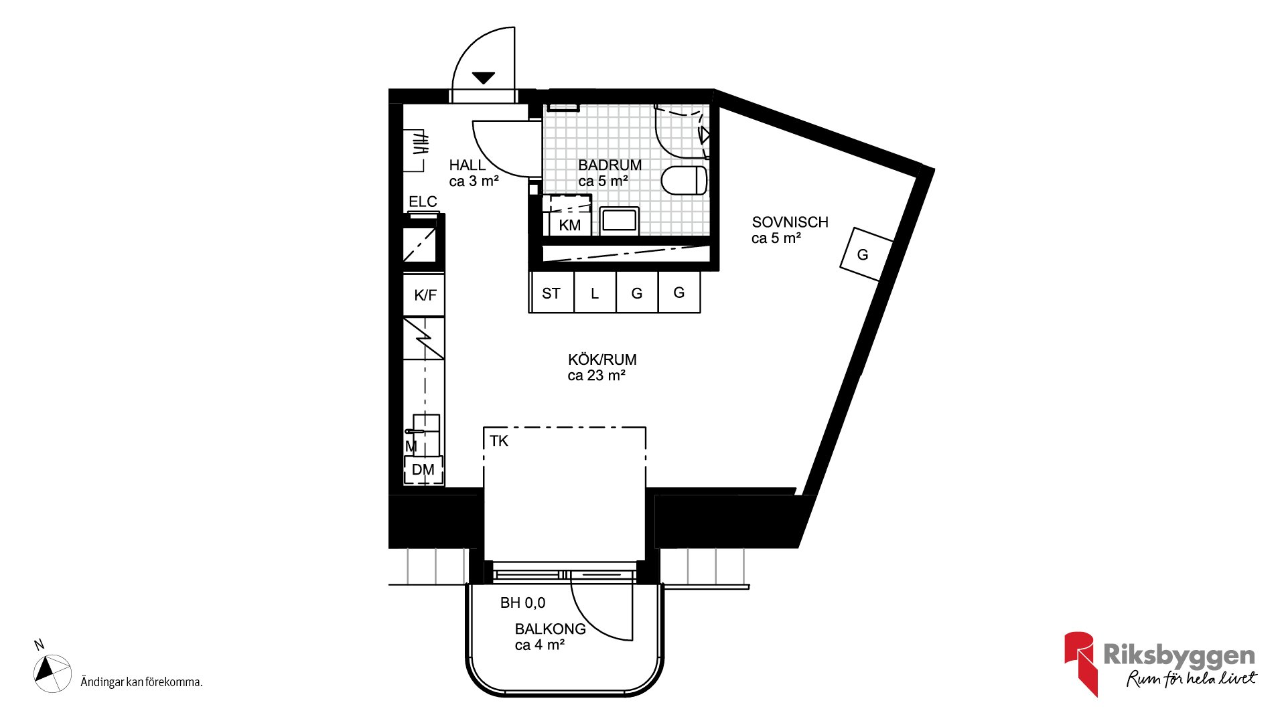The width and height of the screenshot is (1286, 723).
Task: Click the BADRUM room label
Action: coord(610,165)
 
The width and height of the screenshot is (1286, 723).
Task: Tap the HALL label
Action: coord(467,165)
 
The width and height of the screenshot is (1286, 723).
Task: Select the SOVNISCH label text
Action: coord(790,222)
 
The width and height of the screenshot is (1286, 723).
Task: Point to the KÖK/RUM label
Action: coord(602,359)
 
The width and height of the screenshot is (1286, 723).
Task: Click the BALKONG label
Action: coord(550,629)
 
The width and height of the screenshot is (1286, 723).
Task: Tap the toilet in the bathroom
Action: coord(685,180)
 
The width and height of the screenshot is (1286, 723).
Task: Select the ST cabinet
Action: coord(552,292)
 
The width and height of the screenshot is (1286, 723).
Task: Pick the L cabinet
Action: coord(595,292)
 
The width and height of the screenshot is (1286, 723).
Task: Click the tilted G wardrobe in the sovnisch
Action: coord(867,254)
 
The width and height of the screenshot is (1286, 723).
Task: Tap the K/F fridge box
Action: coord(424,295)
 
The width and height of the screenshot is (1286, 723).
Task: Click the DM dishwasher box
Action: coord(423,470)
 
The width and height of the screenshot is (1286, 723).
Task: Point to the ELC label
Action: coord(423,202)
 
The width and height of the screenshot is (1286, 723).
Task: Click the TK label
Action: coord(499,440)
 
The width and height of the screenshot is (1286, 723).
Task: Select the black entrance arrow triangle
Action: coord(483,78)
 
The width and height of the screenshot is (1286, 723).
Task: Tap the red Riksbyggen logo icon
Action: coord(1080,663)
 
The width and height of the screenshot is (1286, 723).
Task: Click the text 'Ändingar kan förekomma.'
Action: coord(141,682)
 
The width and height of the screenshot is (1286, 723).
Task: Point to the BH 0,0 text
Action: coord(522,602)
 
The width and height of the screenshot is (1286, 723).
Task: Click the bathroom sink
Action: coord(620,220)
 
